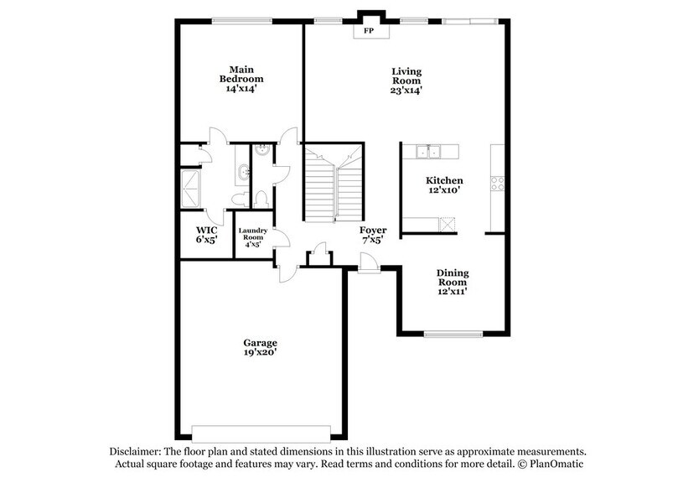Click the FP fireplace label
click(x=368, y=31)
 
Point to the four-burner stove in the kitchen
click(x=497, y=184)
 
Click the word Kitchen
click(x=444, y=180)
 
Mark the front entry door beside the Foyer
click(x=368, y=267)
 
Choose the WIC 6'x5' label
click(x=207, y=234)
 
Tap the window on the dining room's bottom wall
click(x=452, y=335)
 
